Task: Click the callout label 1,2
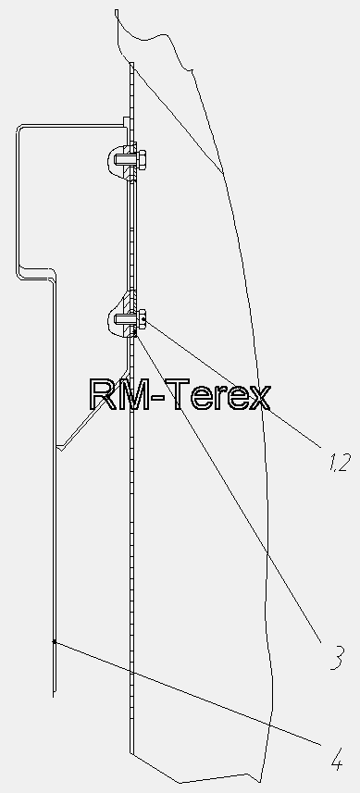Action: pos(340,463)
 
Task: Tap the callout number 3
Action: pos(337,658)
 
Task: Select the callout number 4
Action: pos(337,759)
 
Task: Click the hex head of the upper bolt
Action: pos(142,159)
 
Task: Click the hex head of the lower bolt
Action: pos(142,319)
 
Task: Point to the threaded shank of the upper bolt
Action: pos(125,160)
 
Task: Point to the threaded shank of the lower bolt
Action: pos(125,319)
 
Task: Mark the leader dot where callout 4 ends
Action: pos(54,642)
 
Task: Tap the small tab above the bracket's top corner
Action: pos(126,121)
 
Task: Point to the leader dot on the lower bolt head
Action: pos(143,319)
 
